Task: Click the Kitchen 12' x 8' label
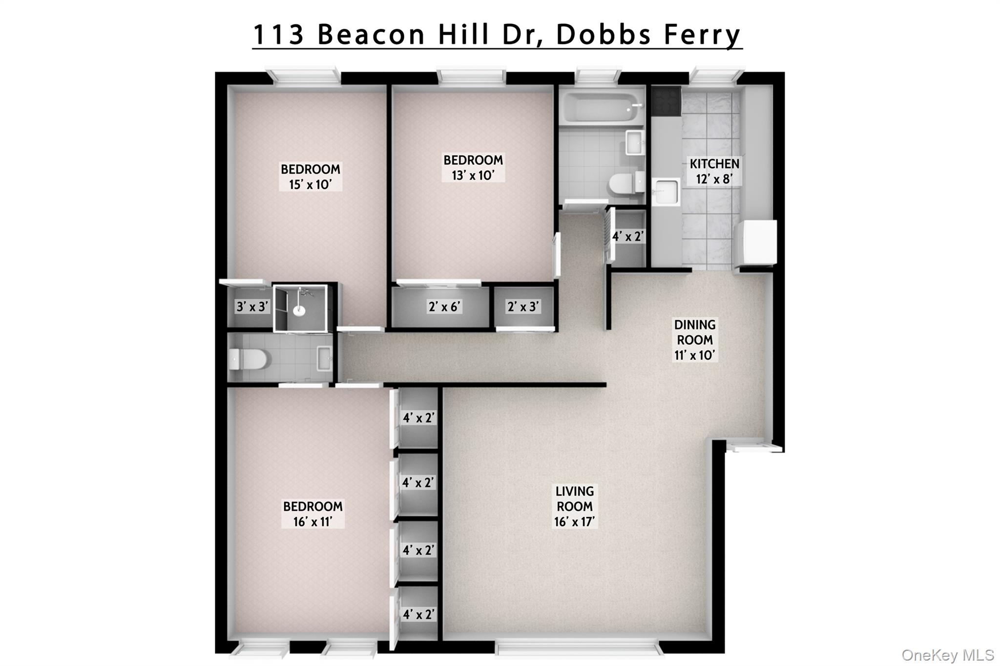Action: click(714, 171)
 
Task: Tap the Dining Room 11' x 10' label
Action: click(694, 340)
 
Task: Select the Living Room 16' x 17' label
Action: click(575, 506)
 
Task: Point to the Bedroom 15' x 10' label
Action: click(310, 177)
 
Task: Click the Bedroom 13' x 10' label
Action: click(473, 167)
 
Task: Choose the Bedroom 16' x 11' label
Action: click(312, 514)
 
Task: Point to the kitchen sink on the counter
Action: click(666, 190)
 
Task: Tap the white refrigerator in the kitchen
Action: click(756, 242)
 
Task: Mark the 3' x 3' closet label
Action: click(252, 307)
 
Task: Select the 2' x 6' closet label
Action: click(444, 307)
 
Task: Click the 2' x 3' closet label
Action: click(523, 307)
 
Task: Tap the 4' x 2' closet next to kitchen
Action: click(627, 237)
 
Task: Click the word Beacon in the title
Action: click(371, 35)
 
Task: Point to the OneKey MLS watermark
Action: click(947, 655)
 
